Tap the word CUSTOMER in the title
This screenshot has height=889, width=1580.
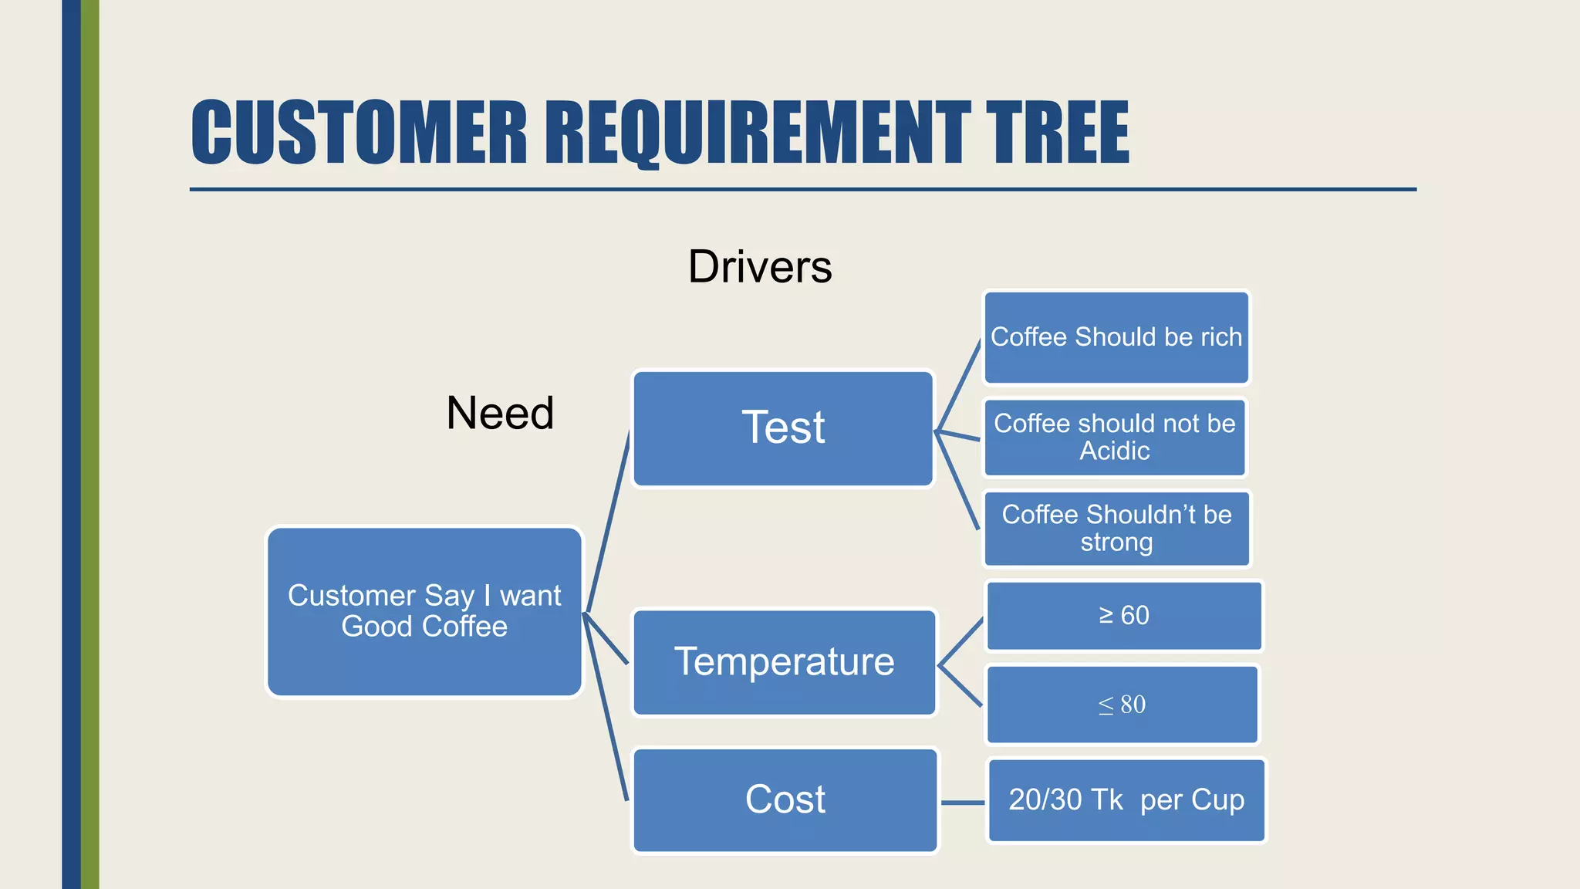pyautogui.click(x=359, y=133)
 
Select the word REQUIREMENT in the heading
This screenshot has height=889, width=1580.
pyautogui.click(x=756, y=133)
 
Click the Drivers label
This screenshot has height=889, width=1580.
pyautogui.click(x=760, y=267)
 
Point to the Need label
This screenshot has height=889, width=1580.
pyautogui.click(x=500, y=413)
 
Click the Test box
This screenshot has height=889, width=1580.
pyautogui.click(x=783, y=428)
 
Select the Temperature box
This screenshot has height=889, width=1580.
pyautogui.click(x=784, y=662)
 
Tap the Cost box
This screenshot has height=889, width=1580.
pyautogui.click(x=785, y=799)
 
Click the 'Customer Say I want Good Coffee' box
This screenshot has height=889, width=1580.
pyautogui.click(x=424, y=611)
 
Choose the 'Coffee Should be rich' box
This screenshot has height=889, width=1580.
pyautogui.click(x=1116, y=337)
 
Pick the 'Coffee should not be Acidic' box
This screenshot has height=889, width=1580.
pyautogui.click(x=1115, y=437)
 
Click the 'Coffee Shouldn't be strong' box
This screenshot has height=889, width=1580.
pyautogui.click(x=1116, y=529)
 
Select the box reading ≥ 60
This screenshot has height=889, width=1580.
pyautogui.click(x=1124, y=616)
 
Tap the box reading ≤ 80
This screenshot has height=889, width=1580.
pyautogui.click(x=1123, y=705)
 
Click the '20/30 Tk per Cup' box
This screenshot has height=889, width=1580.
pyautogui.click(x=1126, y=800)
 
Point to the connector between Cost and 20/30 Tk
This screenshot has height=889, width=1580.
pyautogui.click(x=963, y=803)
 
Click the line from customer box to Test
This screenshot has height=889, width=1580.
pyautogui.click(x=608, y=522)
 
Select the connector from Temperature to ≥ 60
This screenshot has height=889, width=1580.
pyautogui.click(x=960, y=641)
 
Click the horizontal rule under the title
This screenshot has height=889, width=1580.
pyautogui.click(x=802, y=189)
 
